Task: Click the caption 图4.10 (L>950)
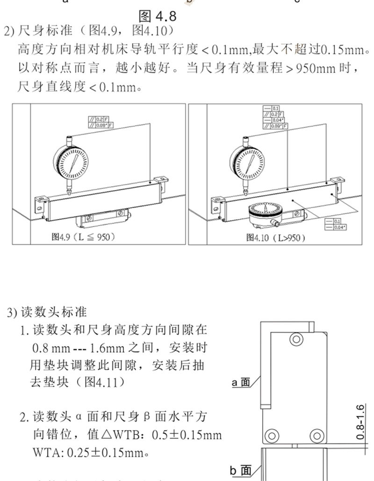pos(276,238)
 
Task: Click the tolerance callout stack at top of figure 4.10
pos(275,117)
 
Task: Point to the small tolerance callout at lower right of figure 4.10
pos(333,223)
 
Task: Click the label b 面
pos(241,470)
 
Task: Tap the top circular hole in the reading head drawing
pos(295,337)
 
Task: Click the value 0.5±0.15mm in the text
pos(187,435)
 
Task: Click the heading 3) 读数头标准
pos(47,312)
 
